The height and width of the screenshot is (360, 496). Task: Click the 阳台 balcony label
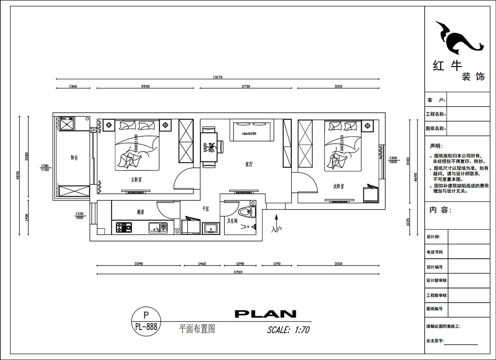pos(74,157)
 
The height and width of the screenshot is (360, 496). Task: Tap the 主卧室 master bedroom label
pos(136,180)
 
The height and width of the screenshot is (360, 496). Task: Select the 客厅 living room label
pos(249,164)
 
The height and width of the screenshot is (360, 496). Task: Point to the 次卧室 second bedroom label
pos(339,186)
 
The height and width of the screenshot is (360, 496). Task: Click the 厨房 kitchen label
pos(141,212)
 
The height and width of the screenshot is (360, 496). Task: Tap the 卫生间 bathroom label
pos(232,221)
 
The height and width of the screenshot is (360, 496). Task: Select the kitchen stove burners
pos(124,227)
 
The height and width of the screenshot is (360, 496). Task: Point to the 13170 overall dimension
pos(218,77)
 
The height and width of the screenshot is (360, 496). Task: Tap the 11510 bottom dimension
pos(237,272)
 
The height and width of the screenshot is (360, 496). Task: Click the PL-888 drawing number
pos(145,327)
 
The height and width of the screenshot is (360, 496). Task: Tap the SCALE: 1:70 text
pos(288,330)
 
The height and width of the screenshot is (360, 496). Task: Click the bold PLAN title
pos(265,314)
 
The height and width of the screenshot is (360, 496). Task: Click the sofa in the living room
pos(252,129)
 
